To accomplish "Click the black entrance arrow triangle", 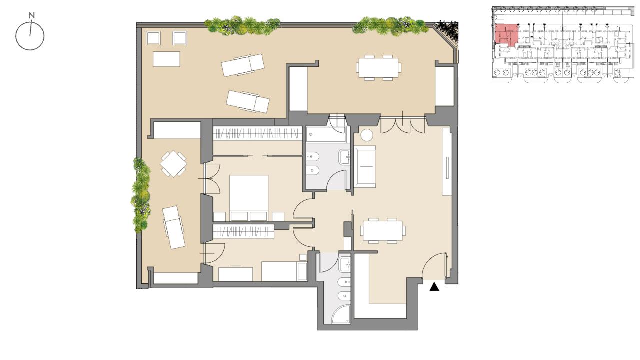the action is pyautogui.click(x=434, y=287).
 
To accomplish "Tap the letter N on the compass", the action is pyautogui.click(x=32, y=15).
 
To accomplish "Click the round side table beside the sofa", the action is pyautogui.click(x=367, y=135).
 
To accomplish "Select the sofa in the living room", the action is pyautogui.click(x=365, y=167).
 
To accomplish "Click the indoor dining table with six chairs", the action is pyautogui.click(x=383, y=231).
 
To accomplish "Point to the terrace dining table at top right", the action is pyautogui.click(x=378, y=67).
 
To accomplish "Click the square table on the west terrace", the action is pyautogui.click(x=173, y=164).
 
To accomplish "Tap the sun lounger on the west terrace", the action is pyautogui.click(x=173, y=227).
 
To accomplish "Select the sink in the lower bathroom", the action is pyautogui.click(x=344, y=264).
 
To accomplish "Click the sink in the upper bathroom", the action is pyautogui.click(x=344, y=157).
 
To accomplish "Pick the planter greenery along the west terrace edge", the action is pyautogui.click(x=141, y=195).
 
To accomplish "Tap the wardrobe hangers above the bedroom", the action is pyautogui.click(x=257, y=133).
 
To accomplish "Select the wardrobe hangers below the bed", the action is pyautogui.click(x=243, y=231).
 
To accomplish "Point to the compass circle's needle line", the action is pyautogui.click(x=30, y=27).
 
